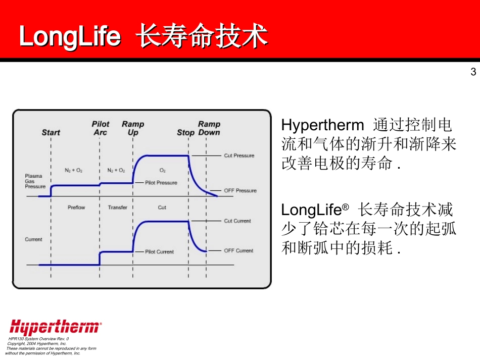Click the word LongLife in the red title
[x=70, y=36]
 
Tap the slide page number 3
[x=473, y=72]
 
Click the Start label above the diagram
[x=51, y=132]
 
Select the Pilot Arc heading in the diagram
[x=101, y=128]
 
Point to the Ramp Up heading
[x=133, y=128]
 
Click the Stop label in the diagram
[x=185, y=132]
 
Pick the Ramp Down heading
[x=209, y=128]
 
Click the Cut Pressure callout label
[x=239, y=156]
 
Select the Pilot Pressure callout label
[x=161, y=183]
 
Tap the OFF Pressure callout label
[x=240, y=190]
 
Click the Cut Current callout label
[x=237, y=221]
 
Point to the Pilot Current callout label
[x=159, y=252]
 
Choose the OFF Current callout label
[x=238, y=250]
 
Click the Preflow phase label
[x=76, y=208]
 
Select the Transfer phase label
[x=117, y=208]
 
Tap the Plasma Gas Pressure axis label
[x=35, y=181]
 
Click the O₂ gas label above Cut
[x=163, y=170]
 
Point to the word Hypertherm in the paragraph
[x=323, y=125]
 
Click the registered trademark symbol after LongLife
[x=345, y=207]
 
